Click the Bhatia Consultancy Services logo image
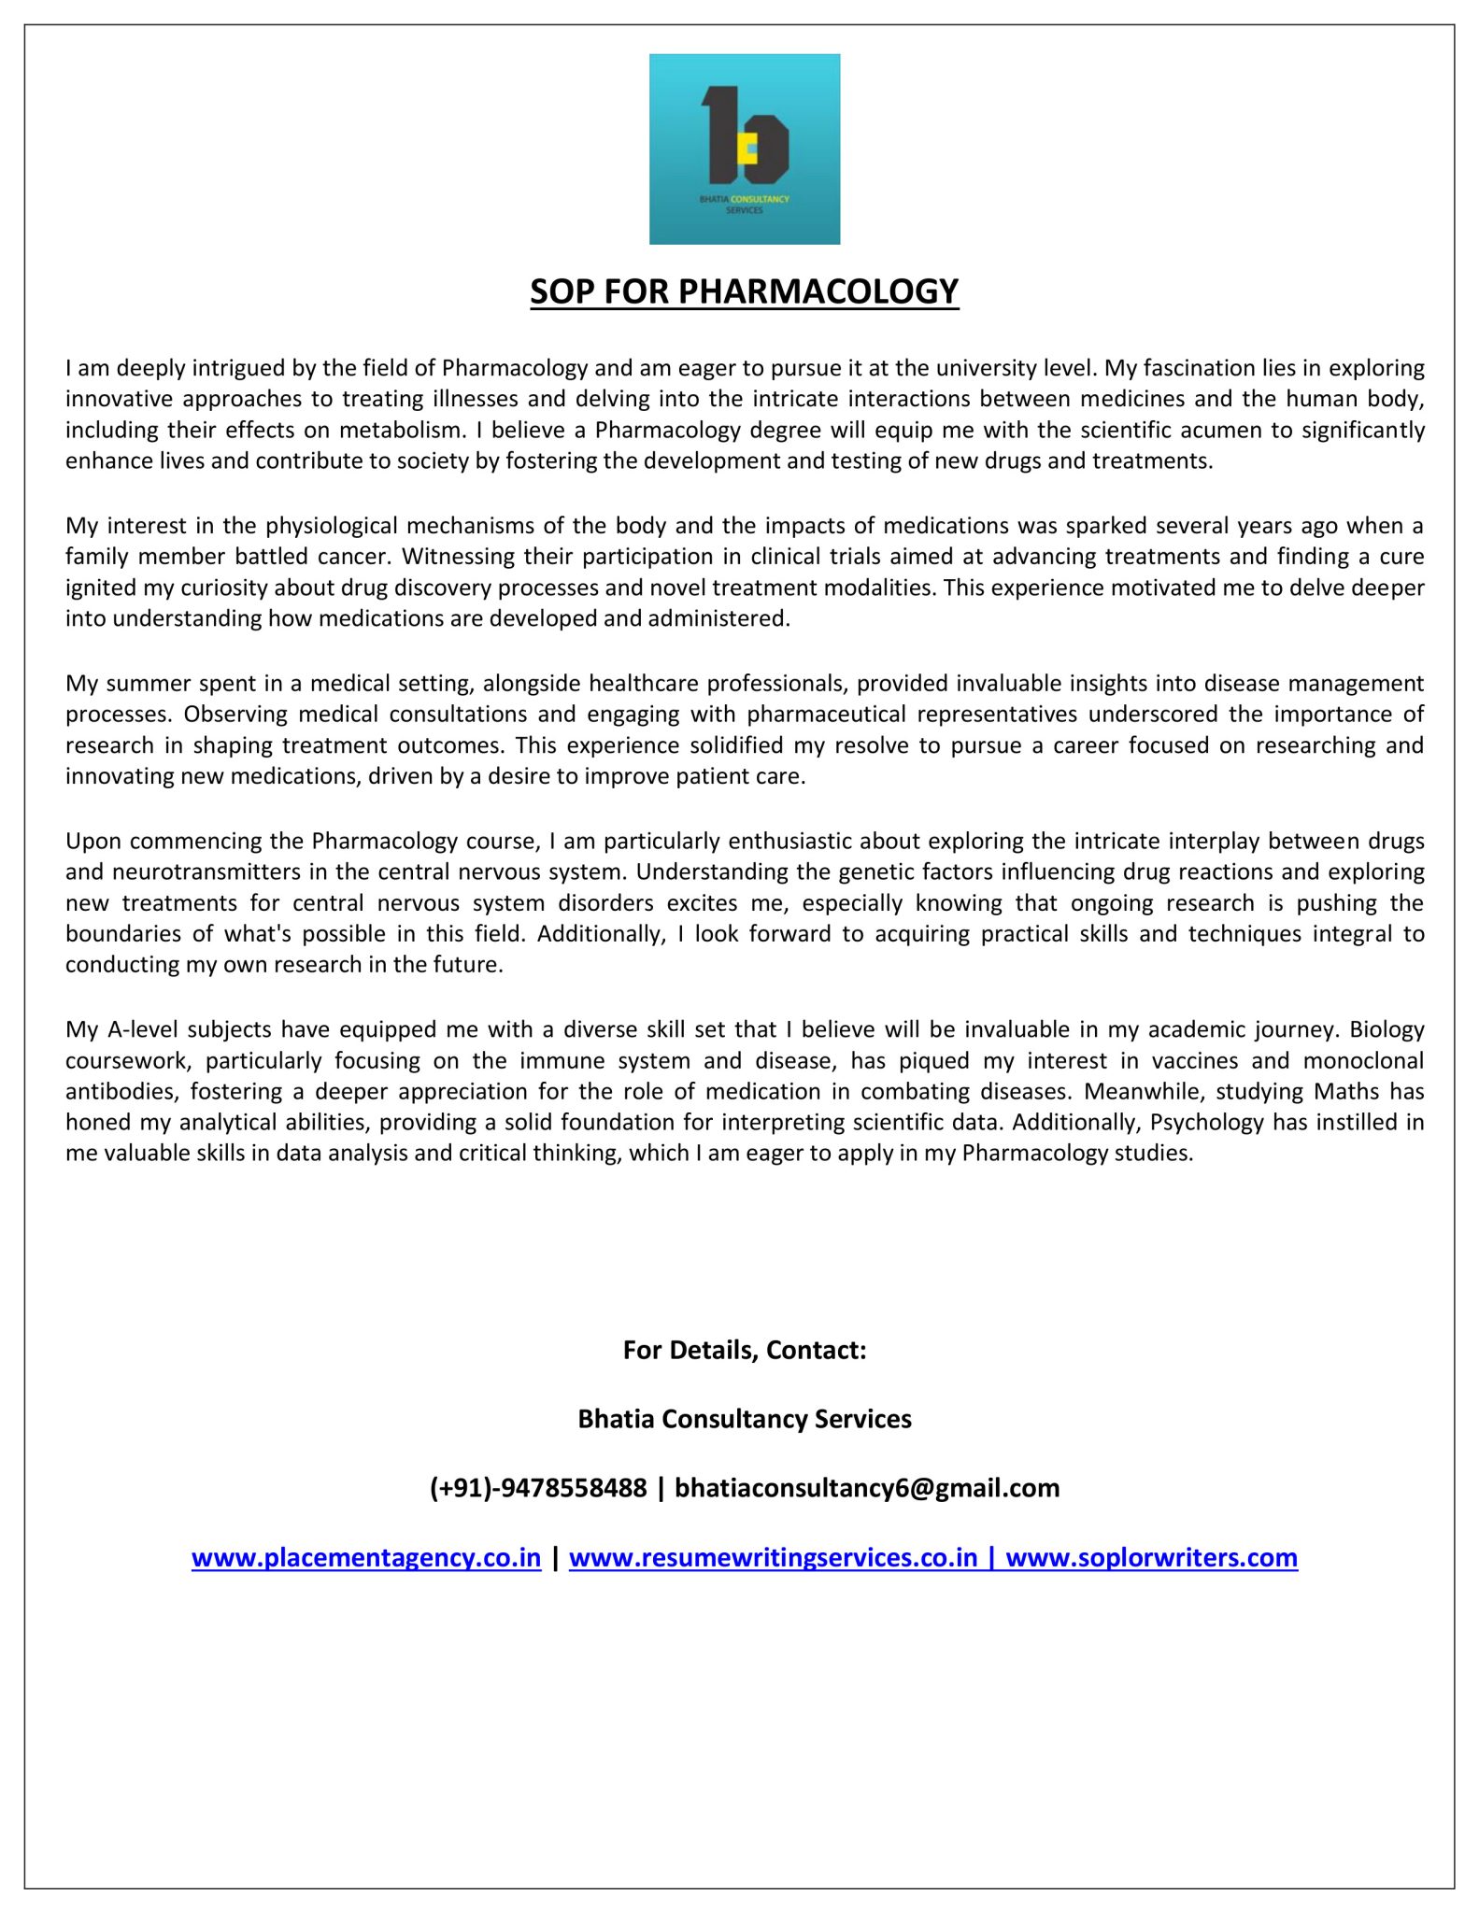(x=745, y=149)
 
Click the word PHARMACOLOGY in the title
(x=818, y=291)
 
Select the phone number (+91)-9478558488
(x=537, y=1487)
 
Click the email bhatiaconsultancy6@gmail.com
(x=867, y=1487)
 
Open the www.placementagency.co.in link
(x=366, y=1557)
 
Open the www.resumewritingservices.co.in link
(x=773, y=1557)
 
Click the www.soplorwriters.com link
(x=1151, y=1557)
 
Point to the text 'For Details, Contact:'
(x=745, y=1350)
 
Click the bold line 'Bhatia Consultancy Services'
(x=745, y=1419)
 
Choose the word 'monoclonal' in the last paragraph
(x=1363, y=1060)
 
